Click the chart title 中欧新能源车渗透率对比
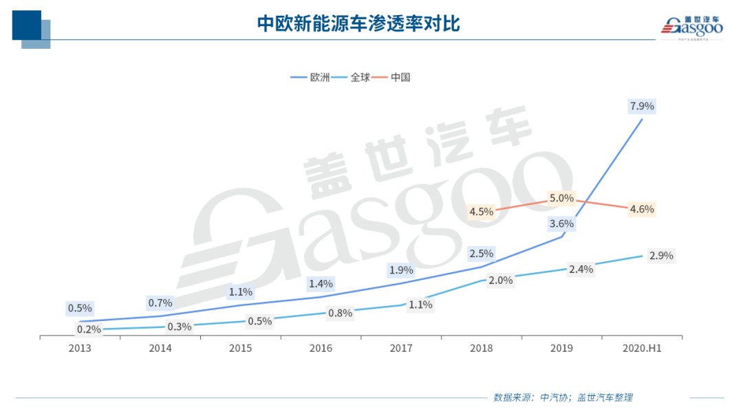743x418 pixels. [358, 24]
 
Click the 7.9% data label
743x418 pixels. [641, 107]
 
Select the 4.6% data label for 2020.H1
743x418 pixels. [641, 209]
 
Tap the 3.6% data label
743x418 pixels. [561, 223]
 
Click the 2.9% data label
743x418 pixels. [660, 256]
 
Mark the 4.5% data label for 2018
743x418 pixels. [481, 211]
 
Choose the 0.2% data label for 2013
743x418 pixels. [89, 329]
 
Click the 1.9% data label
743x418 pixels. [400, 270]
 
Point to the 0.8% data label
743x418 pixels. [340, 313]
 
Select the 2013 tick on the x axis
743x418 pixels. [80, 349]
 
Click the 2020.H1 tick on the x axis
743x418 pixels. [642, 349]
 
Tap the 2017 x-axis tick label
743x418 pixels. [400, 349]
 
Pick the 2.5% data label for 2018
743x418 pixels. [481, 254]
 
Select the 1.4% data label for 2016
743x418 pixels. [321, 283]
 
